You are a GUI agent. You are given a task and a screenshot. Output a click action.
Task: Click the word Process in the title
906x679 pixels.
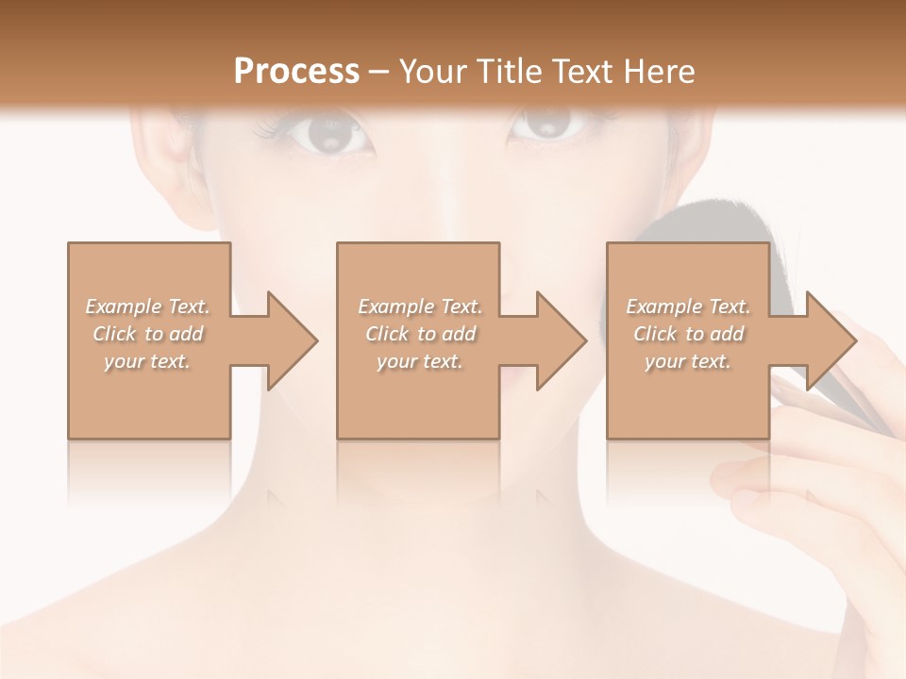click(296, 72)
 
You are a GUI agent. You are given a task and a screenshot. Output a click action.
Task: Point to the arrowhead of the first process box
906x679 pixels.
click(293, 340)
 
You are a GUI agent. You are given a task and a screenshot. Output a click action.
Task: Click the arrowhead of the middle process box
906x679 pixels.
click(562, 340)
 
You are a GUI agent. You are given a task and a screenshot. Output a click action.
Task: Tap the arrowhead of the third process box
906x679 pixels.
click(830, 340)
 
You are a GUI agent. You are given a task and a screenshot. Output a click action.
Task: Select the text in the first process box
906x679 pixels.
click(148, 334)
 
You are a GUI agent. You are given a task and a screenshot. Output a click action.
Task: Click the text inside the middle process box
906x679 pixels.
click(420, 334)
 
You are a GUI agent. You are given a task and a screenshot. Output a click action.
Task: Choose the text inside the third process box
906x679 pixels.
click(688, 334)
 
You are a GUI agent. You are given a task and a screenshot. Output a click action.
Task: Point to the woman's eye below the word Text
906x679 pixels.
click(549, 127)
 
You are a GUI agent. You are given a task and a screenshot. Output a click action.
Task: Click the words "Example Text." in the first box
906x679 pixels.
click(148, 306)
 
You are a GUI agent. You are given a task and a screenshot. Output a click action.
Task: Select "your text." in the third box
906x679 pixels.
click(688, 361)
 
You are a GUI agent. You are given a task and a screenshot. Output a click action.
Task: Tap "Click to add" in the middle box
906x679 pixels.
click(420, 334)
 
